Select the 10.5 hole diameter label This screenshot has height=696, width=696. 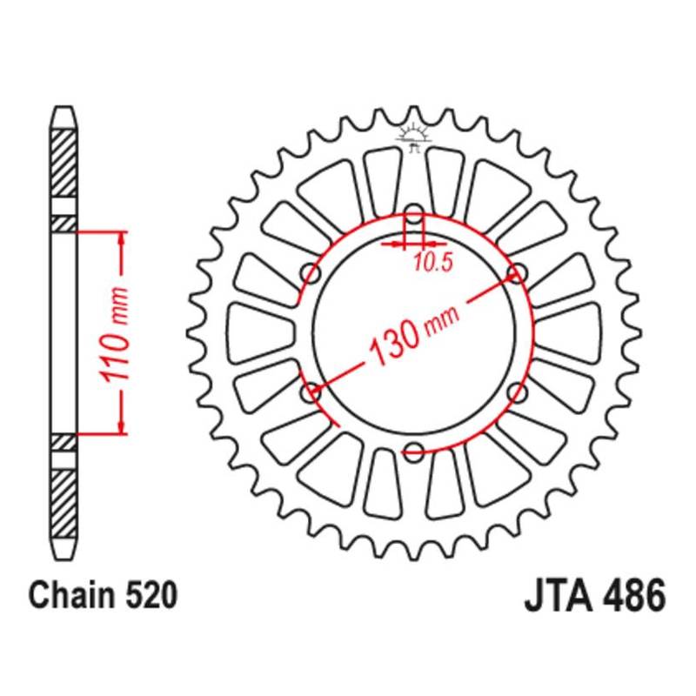click(x=432, y=264)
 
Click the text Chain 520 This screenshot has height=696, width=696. click(x=103, y=595)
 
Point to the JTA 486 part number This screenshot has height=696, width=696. click(x=595, y=595)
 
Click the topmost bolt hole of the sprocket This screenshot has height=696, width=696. click(x=414, y=213)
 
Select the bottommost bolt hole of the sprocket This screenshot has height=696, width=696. click(x=414, y=452)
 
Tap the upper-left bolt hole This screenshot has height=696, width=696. click(x=311, y=273)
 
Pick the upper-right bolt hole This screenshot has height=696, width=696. click(x=518, y=273)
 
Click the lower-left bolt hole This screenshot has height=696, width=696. click(x=311, y=392)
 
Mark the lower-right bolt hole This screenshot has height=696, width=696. click(x=518, y=392)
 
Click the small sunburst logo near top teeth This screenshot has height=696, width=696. click(x=414, y=137)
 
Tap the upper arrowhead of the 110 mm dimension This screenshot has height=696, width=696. click(x=121, y=238)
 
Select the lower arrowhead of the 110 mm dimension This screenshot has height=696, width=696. click(x=121, y=427)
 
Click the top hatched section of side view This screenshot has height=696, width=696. click(x=64, y=163)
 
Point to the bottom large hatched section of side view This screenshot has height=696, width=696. click(x=64, y=503)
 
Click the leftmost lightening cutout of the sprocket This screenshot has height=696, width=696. click(x=260, y=333)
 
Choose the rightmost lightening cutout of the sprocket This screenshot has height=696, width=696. click(x=568, y=333)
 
